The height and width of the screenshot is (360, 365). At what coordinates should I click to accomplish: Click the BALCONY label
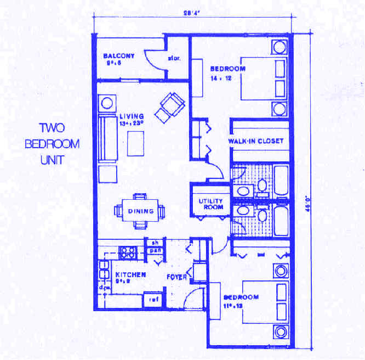tap(119, 56)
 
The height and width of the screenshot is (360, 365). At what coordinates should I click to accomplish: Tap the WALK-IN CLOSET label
tap(256, 141)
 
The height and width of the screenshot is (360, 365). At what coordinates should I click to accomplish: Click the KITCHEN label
tap(130, 274)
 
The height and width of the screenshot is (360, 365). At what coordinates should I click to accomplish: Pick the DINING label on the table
tap(139, 211)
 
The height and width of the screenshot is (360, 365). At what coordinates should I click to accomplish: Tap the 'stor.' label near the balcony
tap(174, 58)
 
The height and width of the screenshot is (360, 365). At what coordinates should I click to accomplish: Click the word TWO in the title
tap(52, 128)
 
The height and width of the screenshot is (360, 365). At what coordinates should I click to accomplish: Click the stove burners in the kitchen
tap(128, 252)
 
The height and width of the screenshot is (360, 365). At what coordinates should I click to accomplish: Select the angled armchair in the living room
tap(170, 106)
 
